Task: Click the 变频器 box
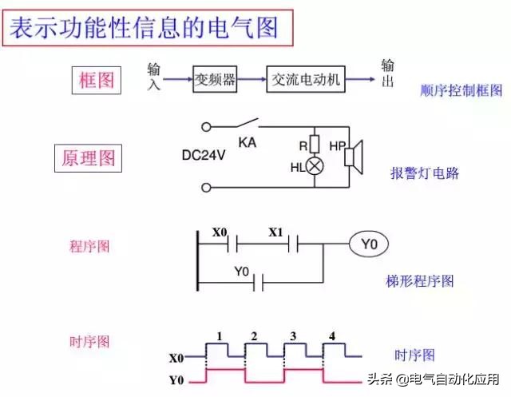tap(215, 79)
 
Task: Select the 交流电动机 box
tap(306, 79)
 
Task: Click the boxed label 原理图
tap(89, 158)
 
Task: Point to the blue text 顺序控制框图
tap(461, 91)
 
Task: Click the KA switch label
tap(247, 142)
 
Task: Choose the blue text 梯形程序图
tap(419, 280)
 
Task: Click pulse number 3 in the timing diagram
tap(293, 335)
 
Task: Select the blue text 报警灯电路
tap(425, 173)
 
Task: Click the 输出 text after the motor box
tap(387, 73)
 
